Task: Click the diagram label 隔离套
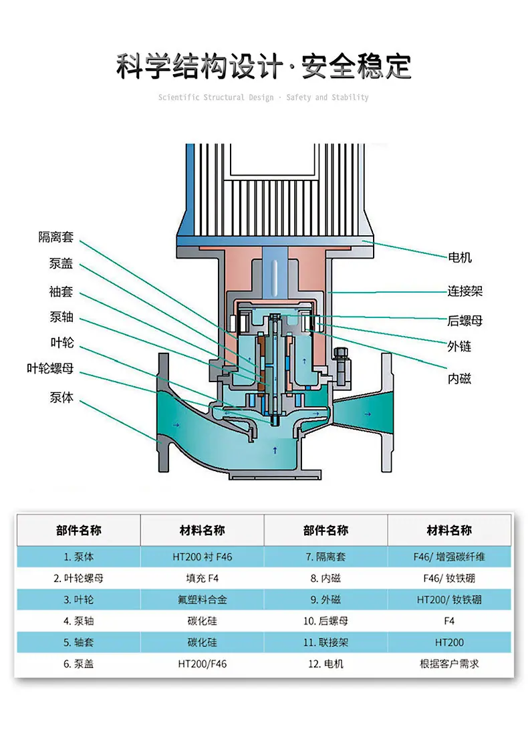click(x=55, y=237)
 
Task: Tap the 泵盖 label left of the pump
click(x=61, y=263)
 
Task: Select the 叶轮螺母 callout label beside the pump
click(x=50, y=368)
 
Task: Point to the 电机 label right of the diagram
click(x=460, y=257)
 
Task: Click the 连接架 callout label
click(x=465, y=291)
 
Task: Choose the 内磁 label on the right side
click(x=459, y=378)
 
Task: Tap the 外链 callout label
click(x=459, y=346)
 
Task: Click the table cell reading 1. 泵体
click(x=79, y=557)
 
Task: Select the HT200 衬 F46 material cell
click(x=202, y=557)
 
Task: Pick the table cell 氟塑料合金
click(x=202, y=599)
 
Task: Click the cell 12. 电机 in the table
click(x=326, y=664)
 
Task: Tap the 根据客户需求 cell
click(x=449, y=664)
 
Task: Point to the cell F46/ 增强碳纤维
click(x=449, y=557)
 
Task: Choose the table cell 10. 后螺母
click(x=326, y=621)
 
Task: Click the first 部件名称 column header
click(x=79, y=530)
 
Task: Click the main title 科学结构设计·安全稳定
click(x=263, y=66)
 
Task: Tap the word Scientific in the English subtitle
click(x=178, y=98)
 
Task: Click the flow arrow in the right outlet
click(x=368, y=414)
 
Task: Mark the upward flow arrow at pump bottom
click(x=275, y=450)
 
